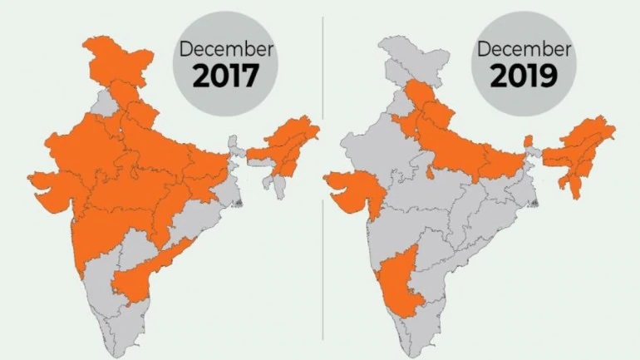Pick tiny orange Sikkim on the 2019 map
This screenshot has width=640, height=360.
click(x=528, y=141)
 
